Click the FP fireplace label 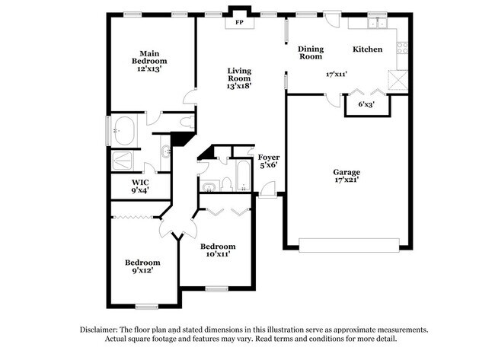click(239, 21)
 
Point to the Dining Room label click(310, 53)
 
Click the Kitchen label click(367, 49)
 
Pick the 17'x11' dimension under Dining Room click(336, 75)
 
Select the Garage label click(346, 172)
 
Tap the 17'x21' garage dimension click(346, 181)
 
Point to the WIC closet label click(139, 183)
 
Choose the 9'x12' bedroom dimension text click(143, 270)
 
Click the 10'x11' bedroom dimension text click(217, 254)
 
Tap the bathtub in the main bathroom click(123, 130)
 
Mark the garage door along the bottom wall click(348, 244)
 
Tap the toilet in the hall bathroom click(226, 183)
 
